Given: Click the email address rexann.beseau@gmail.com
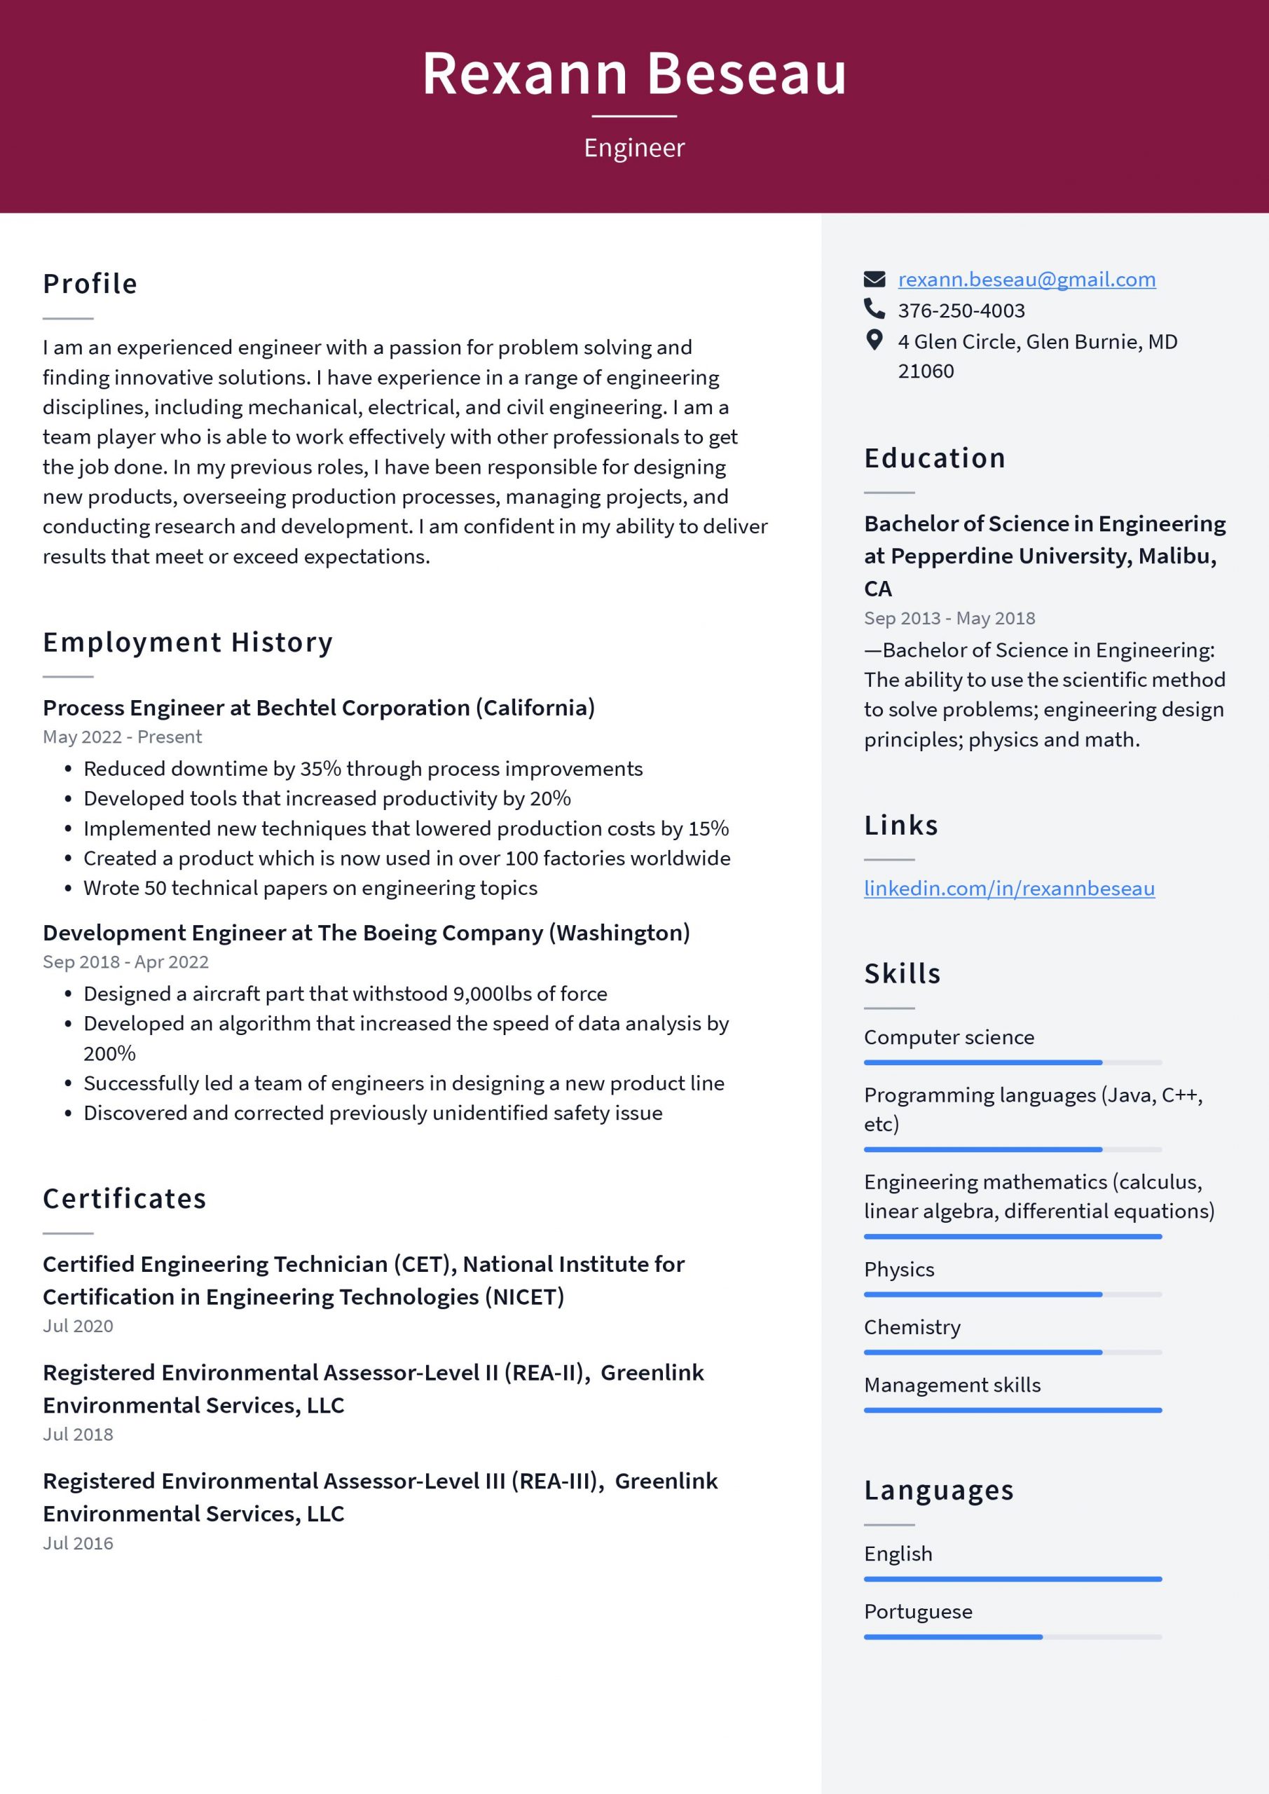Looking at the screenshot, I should click(1026, 279).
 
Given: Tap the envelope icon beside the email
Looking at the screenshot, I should click(874, 279).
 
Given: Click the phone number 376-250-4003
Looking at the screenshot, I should click(961, 310).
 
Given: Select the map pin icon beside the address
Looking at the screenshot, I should click(874, 340).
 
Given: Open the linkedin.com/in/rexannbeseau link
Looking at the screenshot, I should click(1009, 888).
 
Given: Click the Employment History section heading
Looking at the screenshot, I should click(188, 643).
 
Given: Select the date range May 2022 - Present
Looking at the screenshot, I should click(122, 737).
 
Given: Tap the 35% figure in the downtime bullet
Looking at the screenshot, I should click(320, 769).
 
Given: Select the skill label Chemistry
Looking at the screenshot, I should click(911, 1327).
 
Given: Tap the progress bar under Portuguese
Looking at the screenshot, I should click(1012, 1637).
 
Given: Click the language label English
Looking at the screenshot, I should click(897, 1554).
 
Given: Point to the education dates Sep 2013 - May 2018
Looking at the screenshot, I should click(949, 618).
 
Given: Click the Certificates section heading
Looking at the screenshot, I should click(124, 1198).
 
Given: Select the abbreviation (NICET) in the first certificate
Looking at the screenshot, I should click(524, 1297).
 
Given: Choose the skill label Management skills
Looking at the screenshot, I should click(952, 1385).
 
